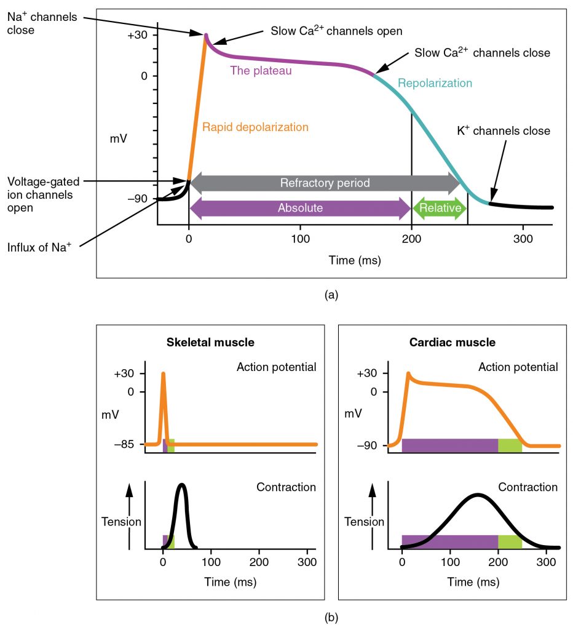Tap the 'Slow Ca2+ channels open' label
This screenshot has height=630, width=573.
tap(336, 31)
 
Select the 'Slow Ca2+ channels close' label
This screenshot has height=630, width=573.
tap(482, 53)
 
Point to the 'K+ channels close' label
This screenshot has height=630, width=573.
tap(503, 131)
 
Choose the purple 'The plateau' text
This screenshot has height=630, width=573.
tap(261, 71)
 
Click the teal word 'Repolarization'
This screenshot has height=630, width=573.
tap(435, 83)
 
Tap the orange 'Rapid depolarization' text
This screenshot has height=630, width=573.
tap(255, 127)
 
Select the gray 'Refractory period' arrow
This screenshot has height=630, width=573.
tap(325, 183)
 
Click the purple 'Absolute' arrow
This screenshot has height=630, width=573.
tap(300, 208)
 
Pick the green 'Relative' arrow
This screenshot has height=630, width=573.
tap(440, 208)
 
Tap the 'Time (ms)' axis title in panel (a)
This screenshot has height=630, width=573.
tap(355, 260)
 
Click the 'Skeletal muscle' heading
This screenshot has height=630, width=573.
tap(210, 342)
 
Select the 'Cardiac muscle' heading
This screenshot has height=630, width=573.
tap(452, 342)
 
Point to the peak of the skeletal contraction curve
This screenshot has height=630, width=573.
tap(181, 485)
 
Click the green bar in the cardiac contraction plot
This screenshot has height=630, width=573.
tap(510, 541)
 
